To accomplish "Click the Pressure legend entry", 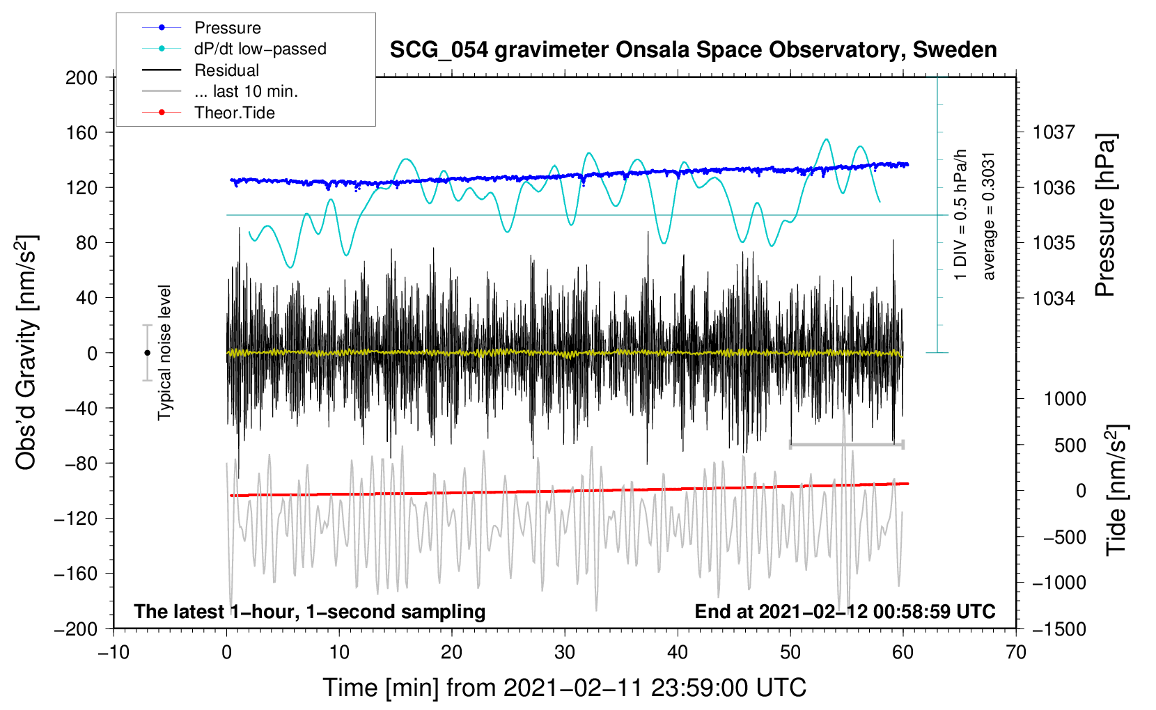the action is pos(202,27).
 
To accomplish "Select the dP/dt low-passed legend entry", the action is pos(234,49).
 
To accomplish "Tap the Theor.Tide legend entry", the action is pos(208,113).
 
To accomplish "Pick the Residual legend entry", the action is pos(201,70).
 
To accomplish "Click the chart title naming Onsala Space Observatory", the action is pos(693,50).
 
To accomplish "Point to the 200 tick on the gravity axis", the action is pos(81,78).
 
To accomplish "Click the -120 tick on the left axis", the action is pos(76,519).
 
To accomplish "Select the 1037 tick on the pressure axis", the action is pos(1054,133).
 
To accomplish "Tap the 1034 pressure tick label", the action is pos(1054,298).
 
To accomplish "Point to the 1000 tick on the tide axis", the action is pos(1065,399).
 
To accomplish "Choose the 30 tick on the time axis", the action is pos(565,653).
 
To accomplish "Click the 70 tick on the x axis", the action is pos(1016,653).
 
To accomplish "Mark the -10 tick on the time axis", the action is pos(114,653).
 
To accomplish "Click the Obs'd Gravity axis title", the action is pos(26,352).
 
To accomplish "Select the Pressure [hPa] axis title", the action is pos(1105,215).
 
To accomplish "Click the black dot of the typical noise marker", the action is pos(147,353).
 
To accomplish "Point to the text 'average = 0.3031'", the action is pos(988,216).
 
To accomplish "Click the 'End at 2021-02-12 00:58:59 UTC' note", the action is pos(845,611).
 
